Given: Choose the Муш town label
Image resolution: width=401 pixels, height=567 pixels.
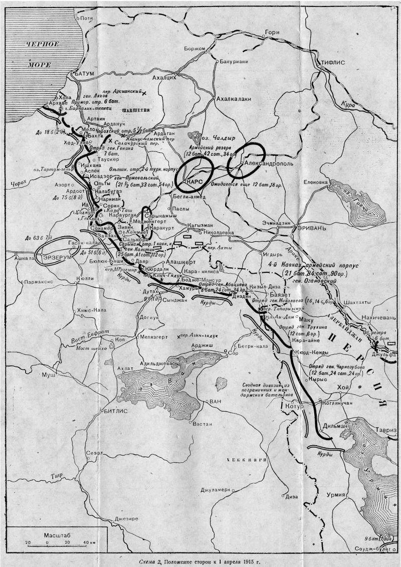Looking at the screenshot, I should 49,374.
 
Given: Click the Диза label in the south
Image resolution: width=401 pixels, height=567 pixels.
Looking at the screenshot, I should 291,497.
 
